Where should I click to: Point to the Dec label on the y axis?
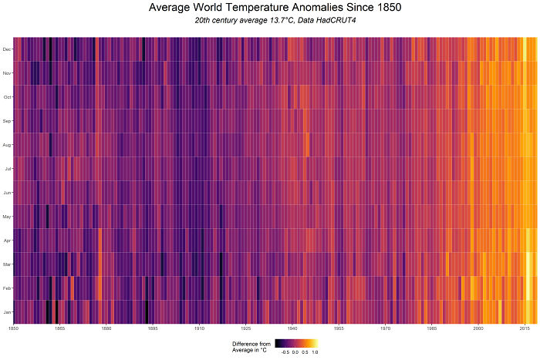(7, 49)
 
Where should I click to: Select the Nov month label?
(7, 73)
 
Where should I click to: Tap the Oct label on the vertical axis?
(7, 97)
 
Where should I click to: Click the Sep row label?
(7, 121)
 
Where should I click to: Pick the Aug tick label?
(7, 145)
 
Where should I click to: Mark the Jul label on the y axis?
(8, 169)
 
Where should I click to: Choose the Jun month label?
(7, 193)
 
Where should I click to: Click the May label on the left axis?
(7, 217)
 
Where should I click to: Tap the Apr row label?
(7, 241)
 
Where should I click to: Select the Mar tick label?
(7, 264)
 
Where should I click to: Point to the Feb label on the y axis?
(7, 288)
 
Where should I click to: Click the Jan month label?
(7, 312)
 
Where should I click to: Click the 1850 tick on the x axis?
(13, 328)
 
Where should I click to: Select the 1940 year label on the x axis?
(292, 328)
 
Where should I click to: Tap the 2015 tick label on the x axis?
(525, 328)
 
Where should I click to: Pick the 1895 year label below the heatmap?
(153, 328)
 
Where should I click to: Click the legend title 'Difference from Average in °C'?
(251, 346)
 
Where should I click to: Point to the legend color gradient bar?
(297, 343)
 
